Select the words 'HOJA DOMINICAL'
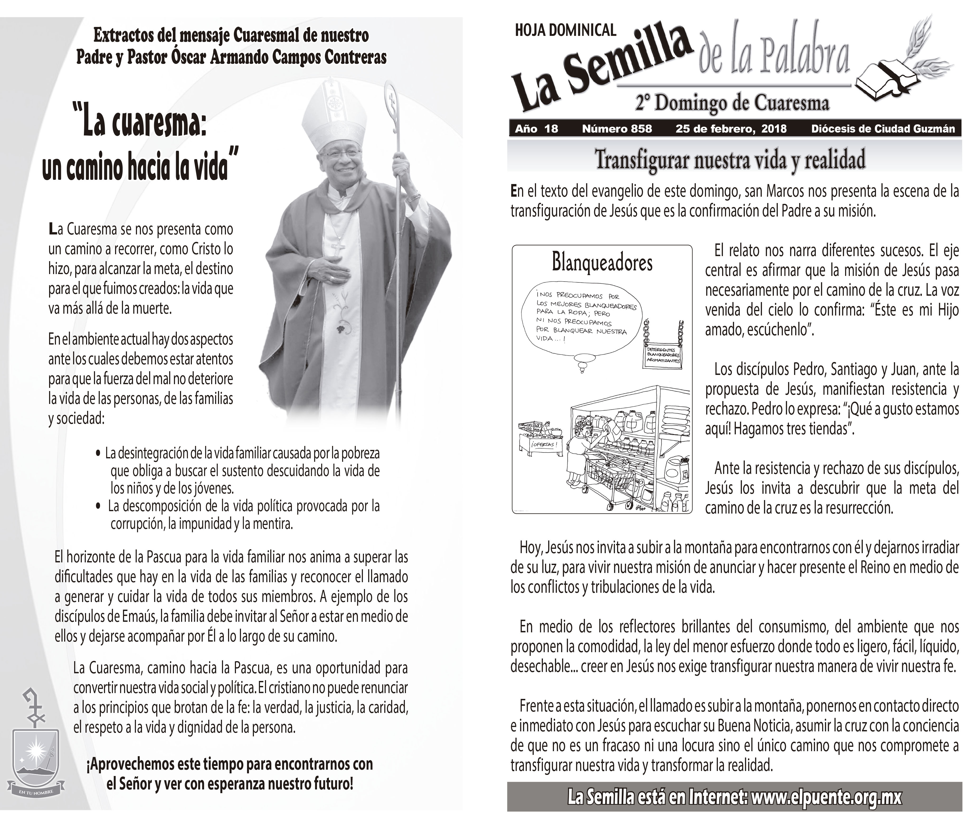(x=565, y=31)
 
